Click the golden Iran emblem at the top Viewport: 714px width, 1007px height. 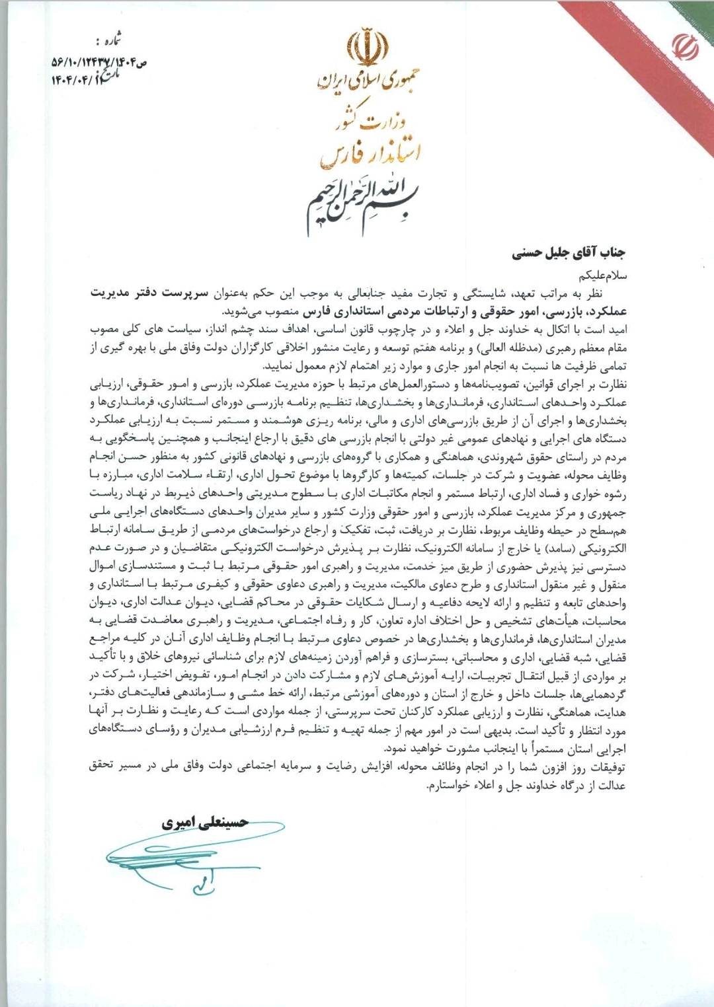point(368,48)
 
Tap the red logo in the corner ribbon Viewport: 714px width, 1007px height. point(686,47)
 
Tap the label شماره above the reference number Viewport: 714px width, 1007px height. point(108,42)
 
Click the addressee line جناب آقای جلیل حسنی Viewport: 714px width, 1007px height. point(568,252)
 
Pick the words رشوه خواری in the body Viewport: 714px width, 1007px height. point(602,494)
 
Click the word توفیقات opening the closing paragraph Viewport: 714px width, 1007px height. point(604,766)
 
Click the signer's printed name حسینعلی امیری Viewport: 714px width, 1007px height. point(206,823)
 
